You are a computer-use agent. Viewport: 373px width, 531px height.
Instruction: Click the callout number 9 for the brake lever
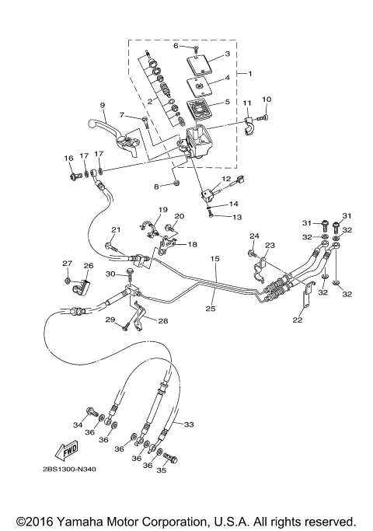101,105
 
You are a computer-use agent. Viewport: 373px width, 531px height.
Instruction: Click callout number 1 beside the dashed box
249,72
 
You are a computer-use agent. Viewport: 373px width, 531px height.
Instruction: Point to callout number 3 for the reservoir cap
227,54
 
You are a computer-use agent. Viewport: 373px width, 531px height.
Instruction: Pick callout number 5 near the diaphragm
227,101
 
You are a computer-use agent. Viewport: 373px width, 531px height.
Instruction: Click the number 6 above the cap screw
176,47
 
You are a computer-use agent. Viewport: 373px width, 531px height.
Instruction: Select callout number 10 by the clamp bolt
267,100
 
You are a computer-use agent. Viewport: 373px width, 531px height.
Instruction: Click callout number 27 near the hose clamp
67,264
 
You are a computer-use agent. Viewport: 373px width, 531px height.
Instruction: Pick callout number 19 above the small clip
163,210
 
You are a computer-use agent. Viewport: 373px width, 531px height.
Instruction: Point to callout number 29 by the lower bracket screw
110,320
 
